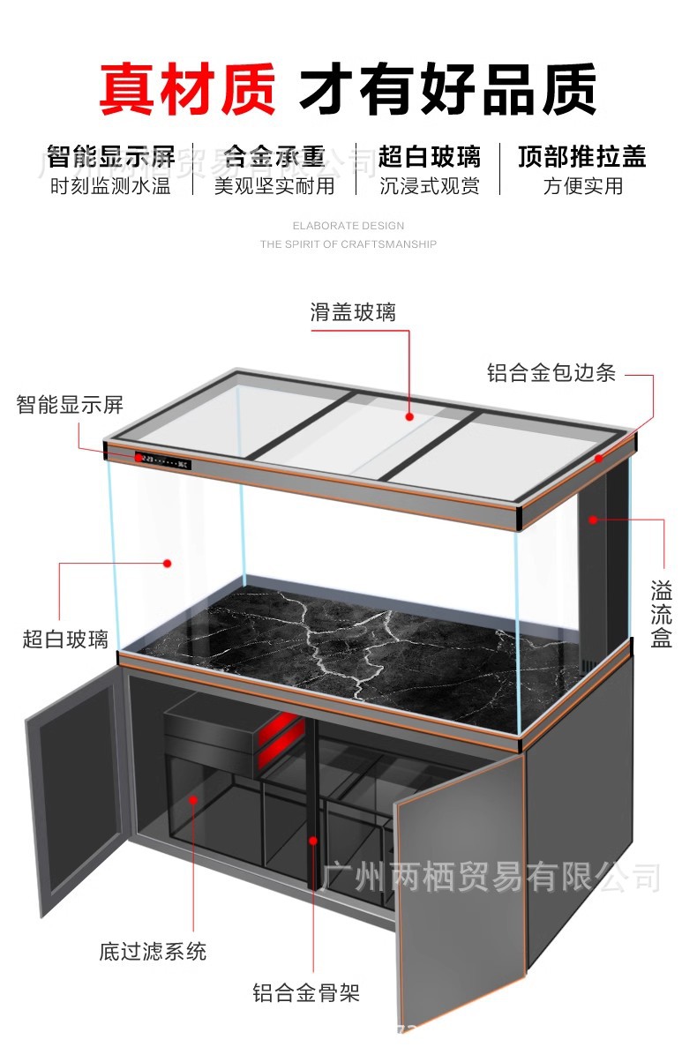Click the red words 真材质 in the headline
click(187, 89)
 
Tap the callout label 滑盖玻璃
click(353, 311)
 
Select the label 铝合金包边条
click(551, 372)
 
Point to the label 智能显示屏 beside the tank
click(70, 405)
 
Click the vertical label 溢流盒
click(661, 614)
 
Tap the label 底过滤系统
click(153, 952)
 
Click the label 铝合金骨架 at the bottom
click(306, 994)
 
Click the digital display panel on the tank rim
click(165, 460)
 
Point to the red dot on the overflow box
click(594, 520)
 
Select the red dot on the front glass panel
click(167, 562)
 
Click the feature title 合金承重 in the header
click(274, 157)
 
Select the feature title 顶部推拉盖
click(582, 157)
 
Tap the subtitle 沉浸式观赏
click(430, 186)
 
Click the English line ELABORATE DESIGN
click(348, 226)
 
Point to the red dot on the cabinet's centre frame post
click(311, 839)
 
